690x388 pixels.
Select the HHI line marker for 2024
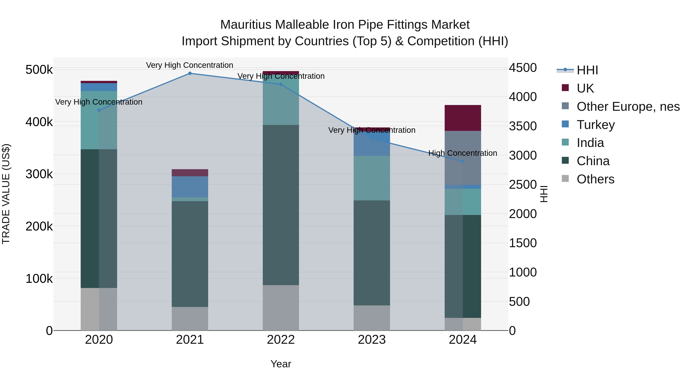point(463,162)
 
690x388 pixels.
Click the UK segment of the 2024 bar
point(463,118)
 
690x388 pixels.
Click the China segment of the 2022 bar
point(281,205)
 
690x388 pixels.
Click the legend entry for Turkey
point(596,125)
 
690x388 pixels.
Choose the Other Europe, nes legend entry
point(628,107)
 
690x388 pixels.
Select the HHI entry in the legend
point(587,70)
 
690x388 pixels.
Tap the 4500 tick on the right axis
point(523,68)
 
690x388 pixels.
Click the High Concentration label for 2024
point(463,153)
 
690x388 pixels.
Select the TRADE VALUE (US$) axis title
point(6,194)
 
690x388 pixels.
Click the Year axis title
point(281,364)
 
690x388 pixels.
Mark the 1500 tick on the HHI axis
point(523,243)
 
